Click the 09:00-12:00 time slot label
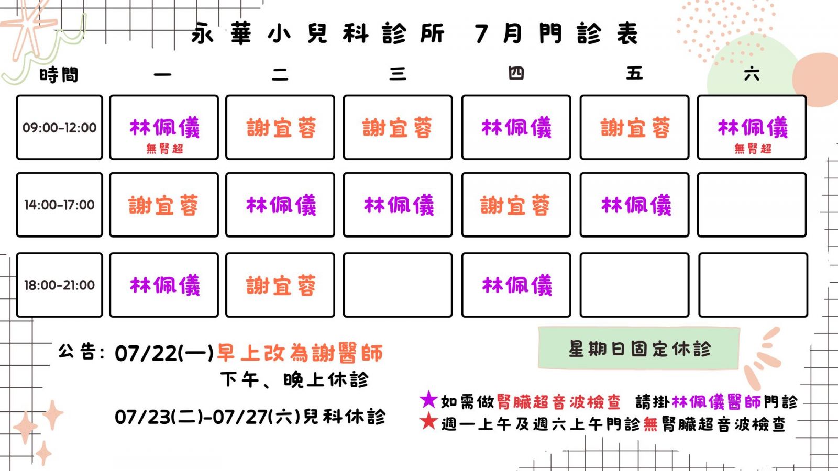(60, 128)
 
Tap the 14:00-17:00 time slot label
(60, 205)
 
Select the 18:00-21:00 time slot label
(60, 285)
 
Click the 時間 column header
(59, 74)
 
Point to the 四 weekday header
(516, 73)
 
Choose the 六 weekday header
(752, 74)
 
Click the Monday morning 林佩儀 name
(164, 128)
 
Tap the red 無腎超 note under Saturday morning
(753, 149)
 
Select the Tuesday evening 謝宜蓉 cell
(280, 285)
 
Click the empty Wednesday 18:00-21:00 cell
(398, 285)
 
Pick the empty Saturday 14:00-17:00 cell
(752, 205)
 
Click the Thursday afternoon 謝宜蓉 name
(515, 205)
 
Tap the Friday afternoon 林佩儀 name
(636, 205)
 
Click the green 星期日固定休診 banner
(639, 349)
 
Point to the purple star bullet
(428, 400)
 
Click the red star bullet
(428, 422)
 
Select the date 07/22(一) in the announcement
(164, 353)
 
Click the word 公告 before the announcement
(77, 351)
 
